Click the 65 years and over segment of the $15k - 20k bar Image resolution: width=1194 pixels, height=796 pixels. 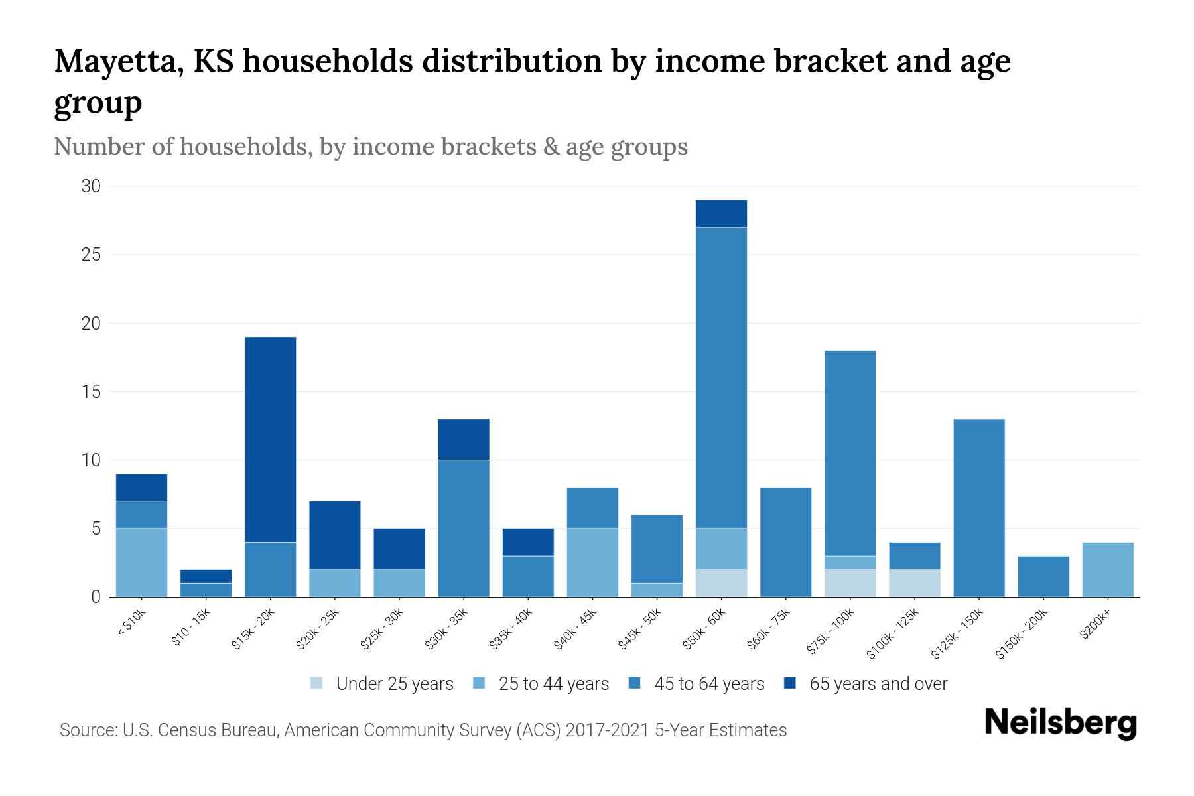270,439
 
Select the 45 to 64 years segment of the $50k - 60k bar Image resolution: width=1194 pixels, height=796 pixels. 721,377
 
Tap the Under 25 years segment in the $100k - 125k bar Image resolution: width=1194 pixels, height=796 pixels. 914,583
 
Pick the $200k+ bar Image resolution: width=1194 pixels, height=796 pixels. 1107,570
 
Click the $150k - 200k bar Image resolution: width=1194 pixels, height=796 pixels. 1043,576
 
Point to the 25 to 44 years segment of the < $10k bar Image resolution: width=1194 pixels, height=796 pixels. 141,563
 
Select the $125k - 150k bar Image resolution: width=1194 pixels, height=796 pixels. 978,508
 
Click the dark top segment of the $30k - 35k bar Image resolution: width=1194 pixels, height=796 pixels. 464,439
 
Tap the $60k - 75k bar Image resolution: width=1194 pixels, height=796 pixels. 785,542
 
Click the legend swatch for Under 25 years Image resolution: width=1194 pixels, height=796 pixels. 317,683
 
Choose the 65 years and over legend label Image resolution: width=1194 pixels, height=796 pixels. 878,684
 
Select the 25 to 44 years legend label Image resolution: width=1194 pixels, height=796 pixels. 553,684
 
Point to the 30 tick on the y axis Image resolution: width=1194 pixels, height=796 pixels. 91,186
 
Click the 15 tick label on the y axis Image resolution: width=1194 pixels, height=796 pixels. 91,392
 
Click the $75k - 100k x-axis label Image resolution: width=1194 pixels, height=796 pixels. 830,632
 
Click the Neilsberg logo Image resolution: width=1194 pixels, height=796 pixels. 1060,723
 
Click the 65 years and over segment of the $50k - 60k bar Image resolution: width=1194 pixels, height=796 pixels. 721,214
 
